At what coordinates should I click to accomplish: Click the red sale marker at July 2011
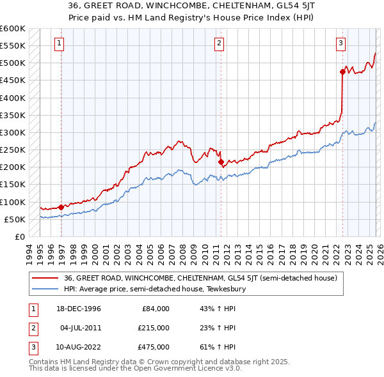click(x=221, y=162)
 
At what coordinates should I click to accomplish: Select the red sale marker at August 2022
click(x=342, y=72)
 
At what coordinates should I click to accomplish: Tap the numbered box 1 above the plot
click(x=59, y=43)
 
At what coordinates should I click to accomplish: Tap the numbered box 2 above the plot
click(x=219, y=43)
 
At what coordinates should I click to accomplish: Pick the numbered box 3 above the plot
click(x=340, y=43)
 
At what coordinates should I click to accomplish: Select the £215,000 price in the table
click(x=154, y=328)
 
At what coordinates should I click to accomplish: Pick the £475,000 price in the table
click(x=154, y=347)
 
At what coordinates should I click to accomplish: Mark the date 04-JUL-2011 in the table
click(x=79, y=328)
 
